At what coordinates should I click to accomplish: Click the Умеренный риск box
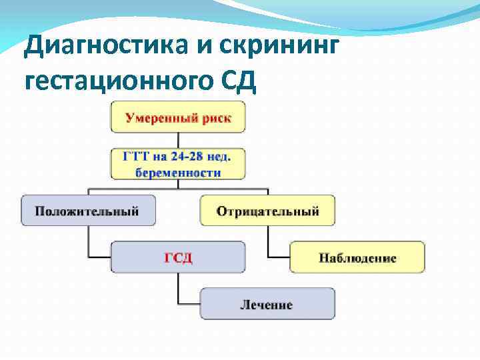click(178, 117)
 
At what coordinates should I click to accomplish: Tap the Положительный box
click(88, 211)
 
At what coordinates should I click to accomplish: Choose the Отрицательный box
click(267, 211)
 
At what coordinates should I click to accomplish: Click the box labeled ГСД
click(178, 257)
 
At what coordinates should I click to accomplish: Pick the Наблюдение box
click(357, 257)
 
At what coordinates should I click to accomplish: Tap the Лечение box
click(267, 304)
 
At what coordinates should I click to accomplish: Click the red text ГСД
click(178, 258)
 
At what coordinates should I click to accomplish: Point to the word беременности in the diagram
click(178, 172)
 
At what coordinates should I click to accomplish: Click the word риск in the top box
click(216, 118)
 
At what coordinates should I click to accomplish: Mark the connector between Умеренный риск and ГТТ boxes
click(178, 141)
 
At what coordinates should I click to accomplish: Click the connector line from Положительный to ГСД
click(89, 241)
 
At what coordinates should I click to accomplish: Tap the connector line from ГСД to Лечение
click(179, 288)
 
